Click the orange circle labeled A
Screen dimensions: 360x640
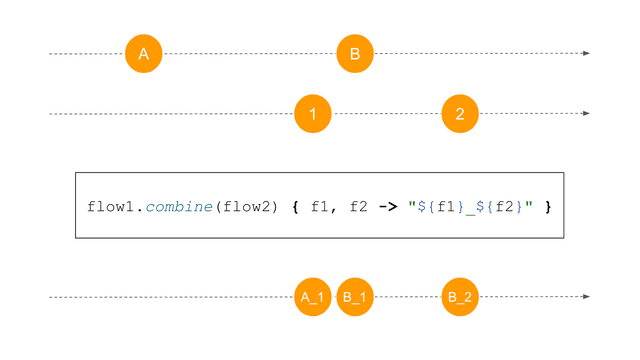(x=143, y=54)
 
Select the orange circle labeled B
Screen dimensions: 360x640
(x=355, y=54)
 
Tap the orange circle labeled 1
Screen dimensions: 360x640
(x=313, y=114)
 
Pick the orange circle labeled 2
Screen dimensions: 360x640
(x=460, y=114)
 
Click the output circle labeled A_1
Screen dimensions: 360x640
(x=313, y=297)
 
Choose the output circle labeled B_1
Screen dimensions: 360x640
(x=355, y=297)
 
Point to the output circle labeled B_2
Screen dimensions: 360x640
(x=460, y=297)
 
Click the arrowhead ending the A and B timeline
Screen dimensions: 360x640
(x=586, y=54)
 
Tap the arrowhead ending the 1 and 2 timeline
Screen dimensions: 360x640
(x=586, y=114)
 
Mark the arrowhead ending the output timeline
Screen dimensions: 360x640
(x=586, y=297)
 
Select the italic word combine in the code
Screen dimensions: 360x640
(x=176, y=207)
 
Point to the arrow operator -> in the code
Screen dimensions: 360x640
(x=388, y=207)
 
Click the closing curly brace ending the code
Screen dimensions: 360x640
(x=548, y=207)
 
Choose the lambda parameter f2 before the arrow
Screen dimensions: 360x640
(x=357, y=207)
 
